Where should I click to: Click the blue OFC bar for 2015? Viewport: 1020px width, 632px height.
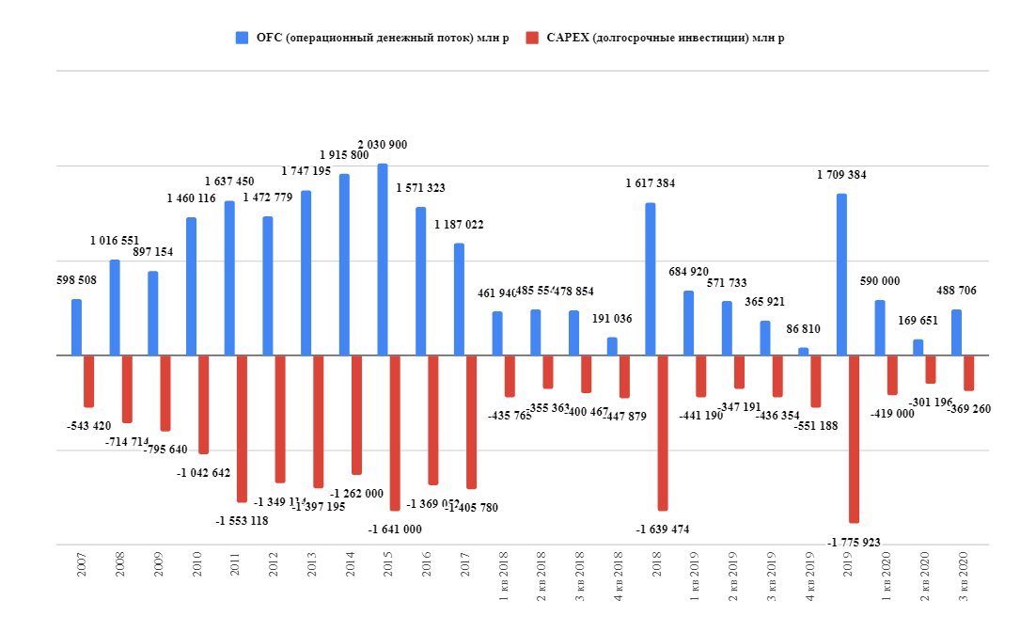(x=383, y=260)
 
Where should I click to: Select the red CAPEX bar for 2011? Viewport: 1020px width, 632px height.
(x=242, y=429)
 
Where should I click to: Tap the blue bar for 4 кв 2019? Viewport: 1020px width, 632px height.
(x=803, y=352)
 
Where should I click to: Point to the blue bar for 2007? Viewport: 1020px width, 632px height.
(x=76, y=327)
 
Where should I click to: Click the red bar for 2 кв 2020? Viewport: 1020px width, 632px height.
(x=931, y=370)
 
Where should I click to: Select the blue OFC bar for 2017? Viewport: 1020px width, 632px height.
(x=459, y=299)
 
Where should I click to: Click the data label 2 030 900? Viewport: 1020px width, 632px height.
(x=383, y=145)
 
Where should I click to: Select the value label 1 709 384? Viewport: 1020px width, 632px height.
(x=841, y=175)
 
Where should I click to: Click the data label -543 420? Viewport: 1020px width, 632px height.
(x=89, y=427)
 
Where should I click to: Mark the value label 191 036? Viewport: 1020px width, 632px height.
(x=611, y=319)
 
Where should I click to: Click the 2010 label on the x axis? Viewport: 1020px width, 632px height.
(x=196, y=589)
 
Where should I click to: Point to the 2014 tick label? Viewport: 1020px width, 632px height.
(x=350, y=589)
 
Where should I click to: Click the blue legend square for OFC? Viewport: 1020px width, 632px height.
(x=242, y=38)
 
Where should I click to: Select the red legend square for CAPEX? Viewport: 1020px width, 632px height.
(x=532, y=38)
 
